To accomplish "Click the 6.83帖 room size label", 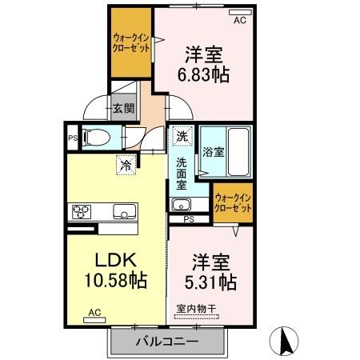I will point(203,75).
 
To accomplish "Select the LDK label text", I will point(118,261).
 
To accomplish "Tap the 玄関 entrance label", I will point(122,110).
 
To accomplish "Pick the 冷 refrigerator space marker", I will point(126,166).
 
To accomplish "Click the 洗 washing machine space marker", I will point(182,136).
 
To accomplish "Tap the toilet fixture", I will point(98,136).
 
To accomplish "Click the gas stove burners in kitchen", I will point(82,212).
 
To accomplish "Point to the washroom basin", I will point(181,202).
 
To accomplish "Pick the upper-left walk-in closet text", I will point(130,42).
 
